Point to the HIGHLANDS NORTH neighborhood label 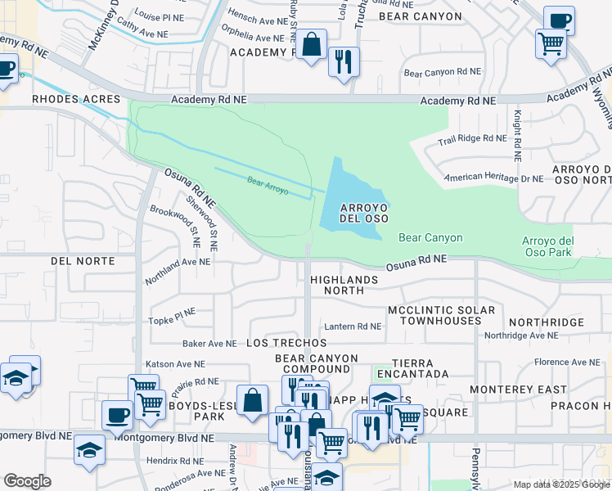point(344,285)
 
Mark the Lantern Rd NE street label point(353,326)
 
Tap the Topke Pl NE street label point(171,312)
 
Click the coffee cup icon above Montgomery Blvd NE point(117,415)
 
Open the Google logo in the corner point(27,481)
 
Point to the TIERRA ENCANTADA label point(421,374)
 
